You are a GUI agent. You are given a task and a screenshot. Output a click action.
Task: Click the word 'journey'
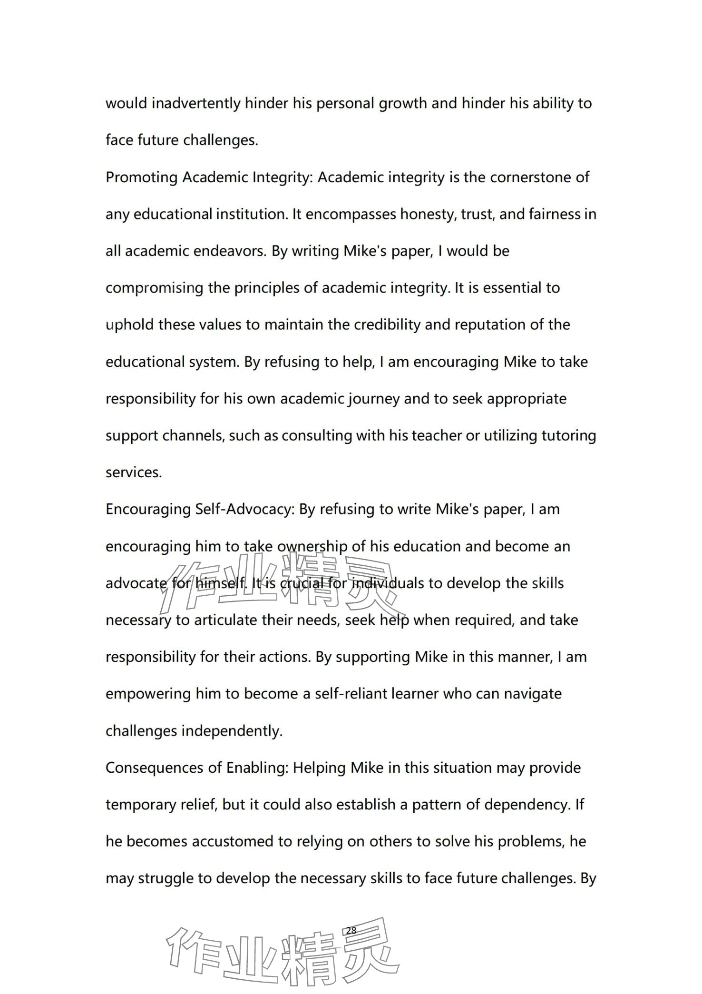373,399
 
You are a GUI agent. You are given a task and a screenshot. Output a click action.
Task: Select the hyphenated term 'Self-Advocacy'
245,510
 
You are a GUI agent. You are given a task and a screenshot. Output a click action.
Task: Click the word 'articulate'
228,620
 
